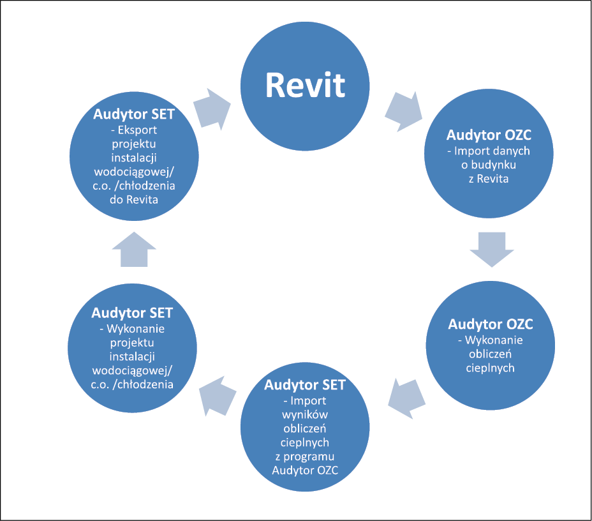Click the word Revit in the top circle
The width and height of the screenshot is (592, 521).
(x=305, y=85)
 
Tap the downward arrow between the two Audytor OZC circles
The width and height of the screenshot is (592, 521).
(x=492, y=250)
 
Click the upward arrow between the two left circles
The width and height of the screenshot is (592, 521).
(x=134, y=250)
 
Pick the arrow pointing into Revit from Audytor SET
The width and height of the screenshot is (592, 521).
(x=212, y=110)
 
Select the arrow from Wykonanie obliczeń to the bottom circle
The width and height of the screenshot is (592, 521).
(x=406, y=398)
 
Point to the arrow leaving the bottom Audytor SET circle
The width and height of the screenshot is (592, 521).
(x=218, y=396)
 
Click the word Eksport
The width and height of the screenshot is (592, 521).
(x=137, y=130)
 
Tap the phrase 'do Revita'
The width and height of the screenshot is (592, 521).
(x=134, y=199)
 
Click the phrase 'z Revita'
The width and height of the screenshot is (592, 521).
(x=489, y=179)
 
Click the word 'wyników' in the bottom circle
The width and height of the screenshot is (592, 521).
(x=305, y=415)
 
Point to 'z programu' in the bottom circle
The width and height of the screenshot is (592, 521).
(x=305, y=457)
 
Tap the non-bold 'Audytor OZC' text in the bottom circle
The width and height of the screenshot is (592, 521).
(x=305, y=471)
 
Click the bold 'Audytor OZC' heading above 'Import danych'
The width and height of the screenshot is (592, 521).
(x=489, y=135)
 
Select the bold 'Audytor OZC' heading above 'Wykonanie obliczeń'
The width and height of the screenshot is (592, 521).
(x=491, y=324)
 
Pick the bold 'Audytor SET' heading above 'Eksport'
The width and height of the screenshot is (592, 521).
(x=134, y=114)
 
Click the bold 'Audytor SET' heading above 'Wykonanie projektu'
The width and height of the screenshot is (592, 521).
(x=132, y=313)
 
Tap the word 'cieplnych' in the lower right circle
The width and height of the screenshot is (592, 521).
(x=491, y=368)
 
